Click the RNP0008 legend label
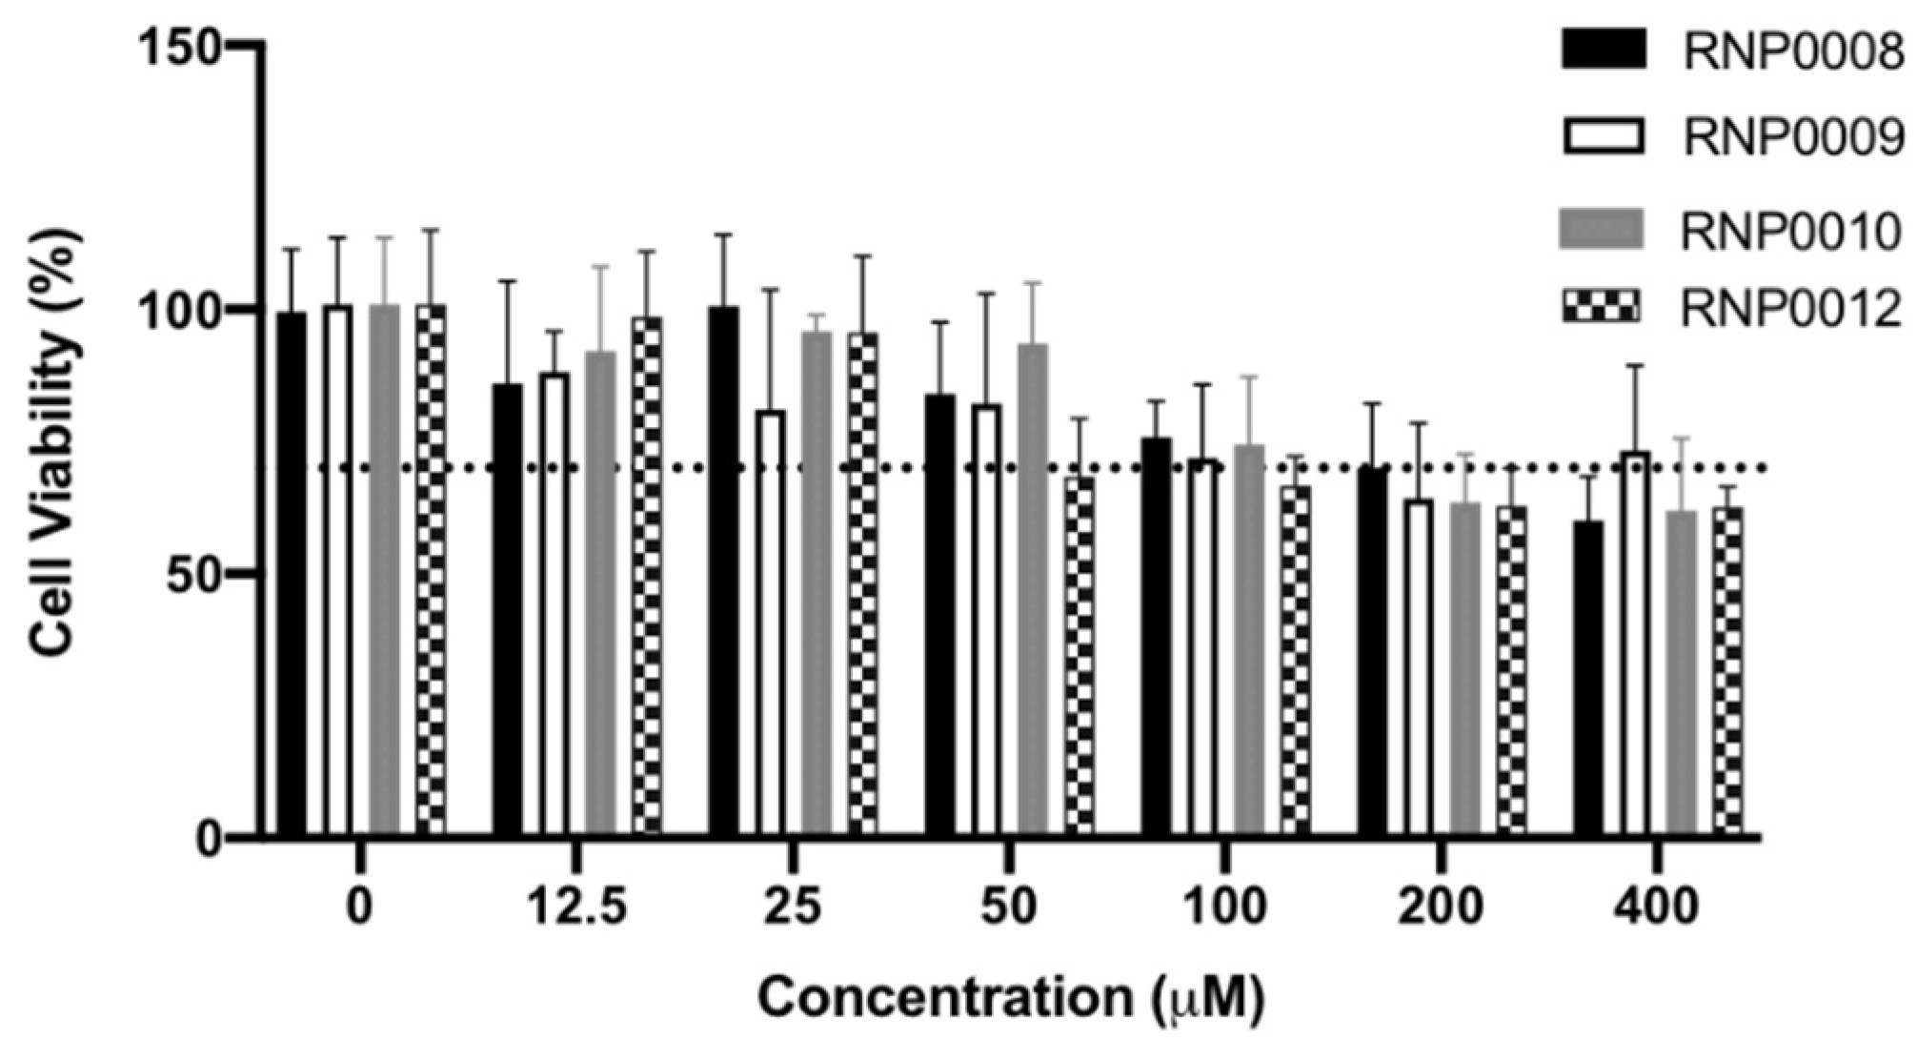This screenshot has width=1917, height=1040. click(1792, 51)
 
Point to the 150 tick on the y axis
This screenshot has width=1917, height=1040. click(191, 45)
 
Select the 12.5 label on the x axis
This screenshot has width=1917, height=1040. click(576, 907)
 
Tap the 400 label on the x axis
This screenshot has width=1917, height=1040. click(1656, 907)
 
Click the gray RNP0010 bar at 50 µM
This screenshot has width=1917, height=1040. click(1033, 591)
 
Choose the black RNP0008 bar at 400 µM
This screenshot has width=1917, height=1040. click(1588, 679)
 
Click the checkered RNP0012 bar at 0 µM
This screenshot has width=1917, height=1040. click(431, 572)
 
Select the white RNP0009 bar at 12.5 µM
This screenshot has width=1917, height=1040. click(555, 605)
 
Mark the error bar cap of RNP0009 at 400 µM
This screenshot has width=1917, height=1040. click(1635, 366)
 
